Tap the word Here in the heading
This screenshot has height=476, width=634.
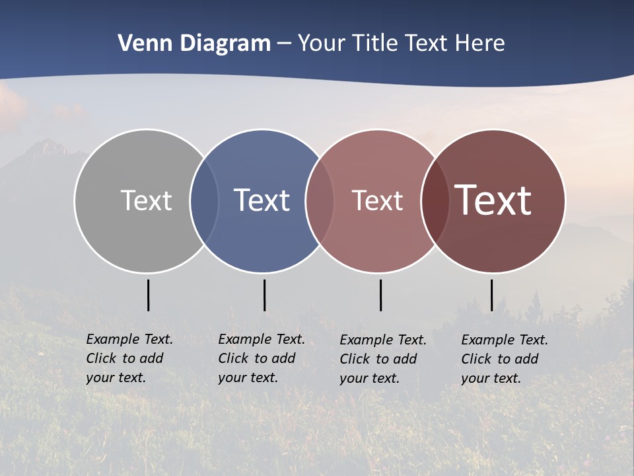(x=480, y=44)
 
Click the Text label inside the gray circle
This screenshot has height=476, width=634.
(x=146, y=200)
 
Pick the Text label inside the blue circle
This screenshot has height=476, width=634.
(x=262, y=200)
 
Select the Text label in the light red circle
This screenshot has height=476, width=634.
(x=377, y=200)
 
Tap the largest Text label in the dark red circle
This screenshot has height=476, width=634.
(x=493, y=200)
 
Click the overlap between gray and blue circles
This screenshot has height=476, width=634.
(x=204, y=201)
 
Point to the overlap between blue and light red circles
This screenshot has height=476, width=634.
(x=320, y=201)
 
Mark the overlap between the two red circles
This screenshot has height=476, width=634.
(x=435, y=201)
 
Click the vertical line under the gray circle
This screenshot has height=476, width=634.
(x=148, y=295)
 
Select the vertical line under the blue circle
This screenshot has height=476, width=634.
(x=264, y=295)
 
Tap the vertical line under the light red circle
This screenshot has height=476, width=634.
(x=380, y=295)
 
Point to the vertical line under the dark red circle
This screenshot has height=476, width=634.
(x=491, y=295)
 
